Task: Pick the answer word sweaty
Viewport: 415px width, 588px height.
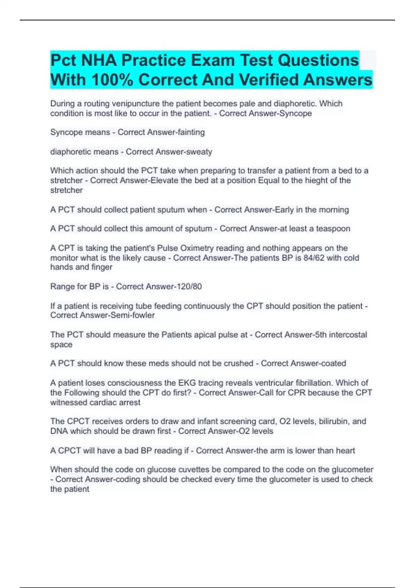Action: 199,152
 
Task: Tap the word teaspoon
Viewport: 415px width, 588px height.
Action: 333,229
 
